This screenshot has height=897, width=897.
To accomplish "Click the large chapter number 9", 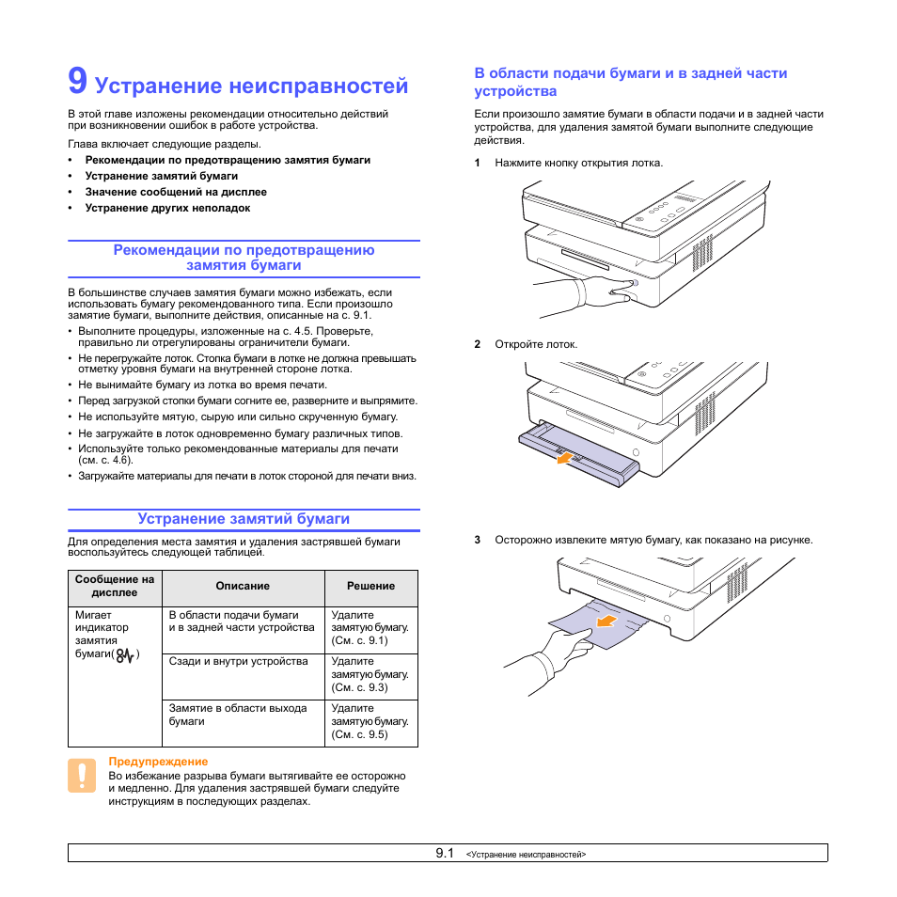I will point(78,83).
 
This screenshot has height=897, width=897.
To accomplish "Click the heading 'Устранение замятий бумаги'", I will point(244,518).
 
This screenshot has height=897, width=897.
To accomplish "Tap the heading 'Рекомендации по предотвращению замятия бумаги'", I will point(244,258).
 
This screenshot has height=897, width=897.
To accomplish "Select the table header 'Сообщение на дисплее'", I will point(115,586).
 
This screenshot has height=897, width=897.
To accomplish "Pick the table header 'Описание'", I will point(243,586).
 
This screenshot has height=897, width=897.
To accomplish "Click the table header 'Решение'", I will point(370,586).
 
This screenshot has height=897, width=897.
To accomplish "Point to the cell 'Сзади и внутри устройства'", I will point(238,661).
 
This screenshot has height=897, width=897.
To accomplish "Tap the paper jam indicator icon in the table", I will point(125,654).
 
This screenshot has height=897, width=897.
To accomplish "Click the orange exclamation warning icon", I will point(82,775).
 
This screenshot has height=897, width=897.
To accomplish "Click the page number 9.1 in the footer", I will point(445,853).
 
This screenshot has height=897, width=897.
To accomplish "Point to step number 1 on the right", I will point(478,163).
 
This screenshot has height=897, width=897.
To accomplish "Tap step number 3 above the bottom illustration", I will point(478,540).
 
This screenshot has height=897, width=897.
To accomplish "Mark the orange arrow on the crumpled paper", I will point(608,621).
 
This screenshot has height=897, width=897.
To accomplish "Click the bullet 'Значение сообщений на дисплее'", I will point(176,192).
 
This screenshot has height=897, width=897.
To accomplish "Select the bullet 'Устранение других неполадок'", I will point(167,208).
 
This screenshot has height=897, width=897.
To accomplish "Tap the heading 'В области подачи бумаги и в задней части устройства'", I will point(630,82).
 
